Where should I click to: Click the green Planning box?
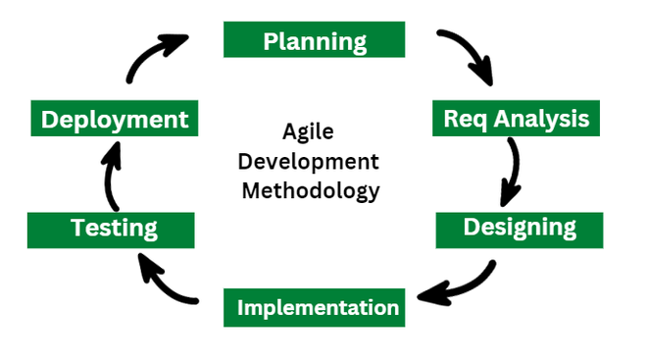pyautogui.click(x=315, y=39)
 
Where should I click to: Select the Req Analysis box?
pyautogui.click(x=516, y=119)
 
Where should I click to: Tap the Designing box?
pyautogui.click(x=520, y=228)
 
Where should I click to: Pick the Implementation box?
pyautogui.click(x=318, y=308)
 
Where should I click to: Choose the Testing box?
pyautogui.click(x=113, y=230)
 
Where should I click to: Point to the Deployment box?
pyautogui.click(x=115, y=120)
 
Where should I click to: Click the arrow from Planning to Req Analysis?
pyautogui.click(x=469, y=55)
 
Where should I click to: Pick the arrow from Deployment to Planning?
pyautogui.click(x=152, y=57)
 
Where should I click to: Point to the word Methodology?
pyautogui.click(x=310, y=189)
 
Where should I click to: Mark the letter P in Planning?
pyautogui.click(x=271, y=41)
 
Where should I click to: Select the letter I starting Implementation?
pyautogui.click(x=241, y=308)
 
